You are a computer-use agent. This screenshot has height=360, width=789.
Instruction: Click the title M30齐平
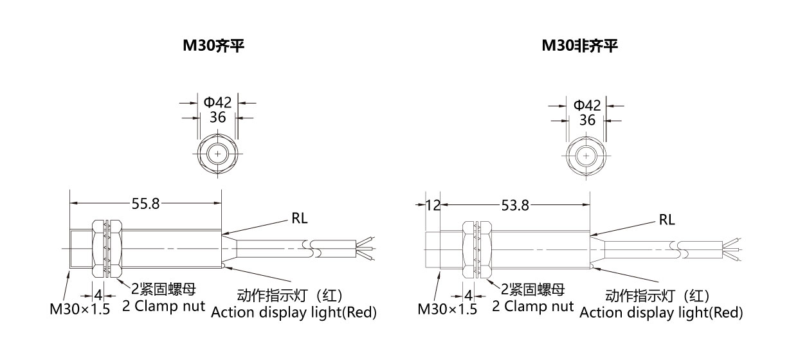[x=213, y=46]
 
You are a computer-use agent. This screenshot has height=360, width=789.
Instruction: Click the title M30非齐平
[x=580, y=46]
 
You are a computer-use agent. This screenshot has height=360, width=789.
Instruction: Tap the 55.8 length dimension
[x=145, y=204]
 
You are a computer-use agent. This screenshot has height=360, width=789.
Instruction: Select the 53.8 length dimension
[x=515, y=205]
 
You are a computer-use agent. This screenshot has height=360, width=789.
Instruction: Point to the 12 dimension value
[x=433, y=205]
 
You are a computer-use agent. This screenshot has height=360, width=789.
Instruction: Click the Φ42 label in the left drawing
[x=218, y=102]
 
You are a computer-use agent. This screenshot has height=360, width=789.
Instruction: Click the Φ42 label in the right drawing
[x=587, y=105]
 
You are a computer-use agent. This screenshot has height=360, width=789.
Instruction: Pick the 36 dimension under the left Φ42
[x=218, y=117]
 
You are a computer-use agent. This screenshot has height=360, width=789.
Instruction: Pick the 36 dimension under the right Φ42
[x=587, y=120]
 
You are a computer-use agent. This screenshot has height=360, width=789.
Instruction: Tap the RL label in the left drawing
[x=300, y=219]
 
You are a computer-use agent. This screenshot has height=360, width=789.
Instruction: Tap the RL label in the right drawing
[x=667, y=220]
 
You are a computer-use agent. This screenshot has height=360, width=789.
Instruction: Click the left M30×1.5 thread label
[x=80, y=309]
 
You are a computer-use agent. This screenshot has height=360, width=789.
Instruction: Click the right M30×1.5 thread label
[x=448, y=309]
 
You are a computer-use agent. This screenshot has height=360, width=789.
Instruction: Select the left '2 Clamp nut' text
[x=163, y=306]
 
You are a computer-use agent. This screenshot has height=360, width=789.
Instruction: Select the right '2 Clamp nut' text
[x=533, y=306]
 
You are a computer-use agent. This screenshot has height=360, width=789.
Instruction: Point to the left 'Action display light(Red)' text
[x=294, y=312]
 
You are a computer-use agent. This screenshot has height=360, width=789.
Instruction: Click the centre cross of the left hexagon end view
[x=218, y=154]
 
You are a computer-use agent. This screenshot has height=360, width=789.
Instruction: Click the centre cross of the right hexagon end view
[x=586, y=156]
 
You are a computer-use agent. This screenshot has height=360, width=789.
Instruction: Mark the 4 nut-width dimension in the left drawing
[x=98, y=295]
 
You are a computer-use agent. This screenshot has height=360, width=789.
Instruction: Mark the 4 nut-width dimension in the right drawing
[x=468, y=296]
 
